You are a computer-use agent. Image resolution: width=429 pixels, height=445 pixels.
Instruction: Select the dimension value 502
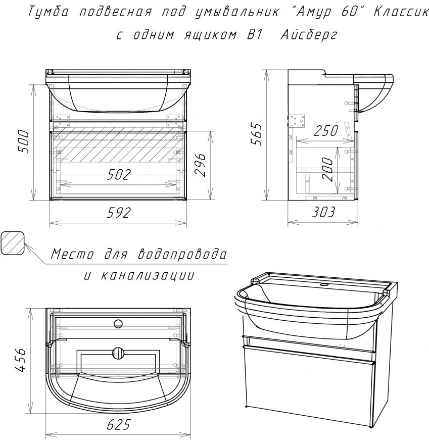click(119, 175)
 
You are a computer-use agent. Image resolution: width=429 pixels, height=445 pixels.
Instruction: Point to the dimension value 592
click(120, 213)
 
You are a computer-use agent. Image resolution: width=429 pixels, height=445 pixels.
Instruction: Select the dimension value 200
click(327, 170)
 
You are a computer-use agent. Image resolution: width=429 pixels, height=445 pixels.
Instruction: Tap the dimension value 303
click(323, 213)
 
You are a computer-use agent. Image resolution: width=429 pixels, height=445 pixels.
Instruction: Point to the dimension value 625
click(120, 425)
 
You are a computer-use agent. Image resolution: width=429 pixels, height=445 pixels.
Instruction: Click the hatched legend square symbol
click(14, 244)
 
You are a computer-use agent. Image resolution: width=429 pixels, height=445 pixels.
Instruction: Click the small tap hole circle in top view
click(119, 323)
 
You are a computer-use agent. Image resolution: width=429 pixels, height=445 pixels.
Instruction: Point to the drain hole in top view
click(120, 352)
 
